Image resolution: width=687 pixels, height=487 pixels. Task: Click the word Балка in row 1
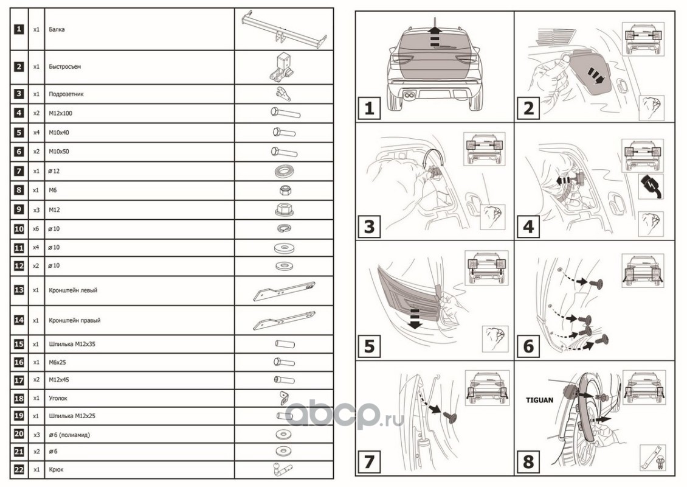(x=57, y=29)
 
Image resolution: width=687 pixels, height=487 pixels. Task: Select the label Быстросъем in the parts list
(x=65, y=67)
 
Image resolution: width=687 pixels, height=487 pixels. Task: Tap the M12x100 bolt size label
(x=60, y=113)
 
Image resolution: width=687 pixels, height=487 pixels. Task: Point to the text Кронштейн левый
(x=73, y=290)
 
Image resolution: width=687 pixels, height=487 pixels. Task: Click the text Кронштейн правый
(x=75, y=320)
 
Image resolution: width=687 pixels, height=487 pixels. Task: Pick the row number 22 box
(x=19, y=469)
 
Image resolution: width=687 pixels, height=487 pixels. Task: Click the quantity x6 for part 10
(x=36, y=228)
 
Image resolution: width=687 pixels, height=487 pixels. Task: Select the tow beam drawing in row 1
(x=284, y=29)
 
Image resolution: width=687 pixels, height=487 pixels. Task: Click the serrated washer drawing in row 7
(x=284, y=170)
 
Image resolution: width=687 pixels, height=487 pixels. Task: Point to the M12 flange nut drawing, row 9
(x=284, y=209)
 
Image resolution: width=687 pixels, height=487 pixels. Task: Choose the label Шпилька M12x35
(x=72, y=344)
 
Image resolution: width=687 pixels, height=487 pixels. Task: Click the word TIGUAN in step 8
(x=539, y=400)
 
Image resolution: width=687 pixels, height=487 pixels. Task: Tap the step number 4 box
(x=528, y=227)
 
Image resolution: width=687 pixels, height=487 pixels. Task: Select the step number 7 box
(x=369, y=461)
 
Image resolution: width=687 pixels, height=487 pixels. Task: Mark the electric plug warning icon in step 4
(x=651, y=186)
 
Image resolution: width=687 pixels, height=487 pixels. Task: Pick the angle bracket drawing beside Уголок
(x=283, y=398)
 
